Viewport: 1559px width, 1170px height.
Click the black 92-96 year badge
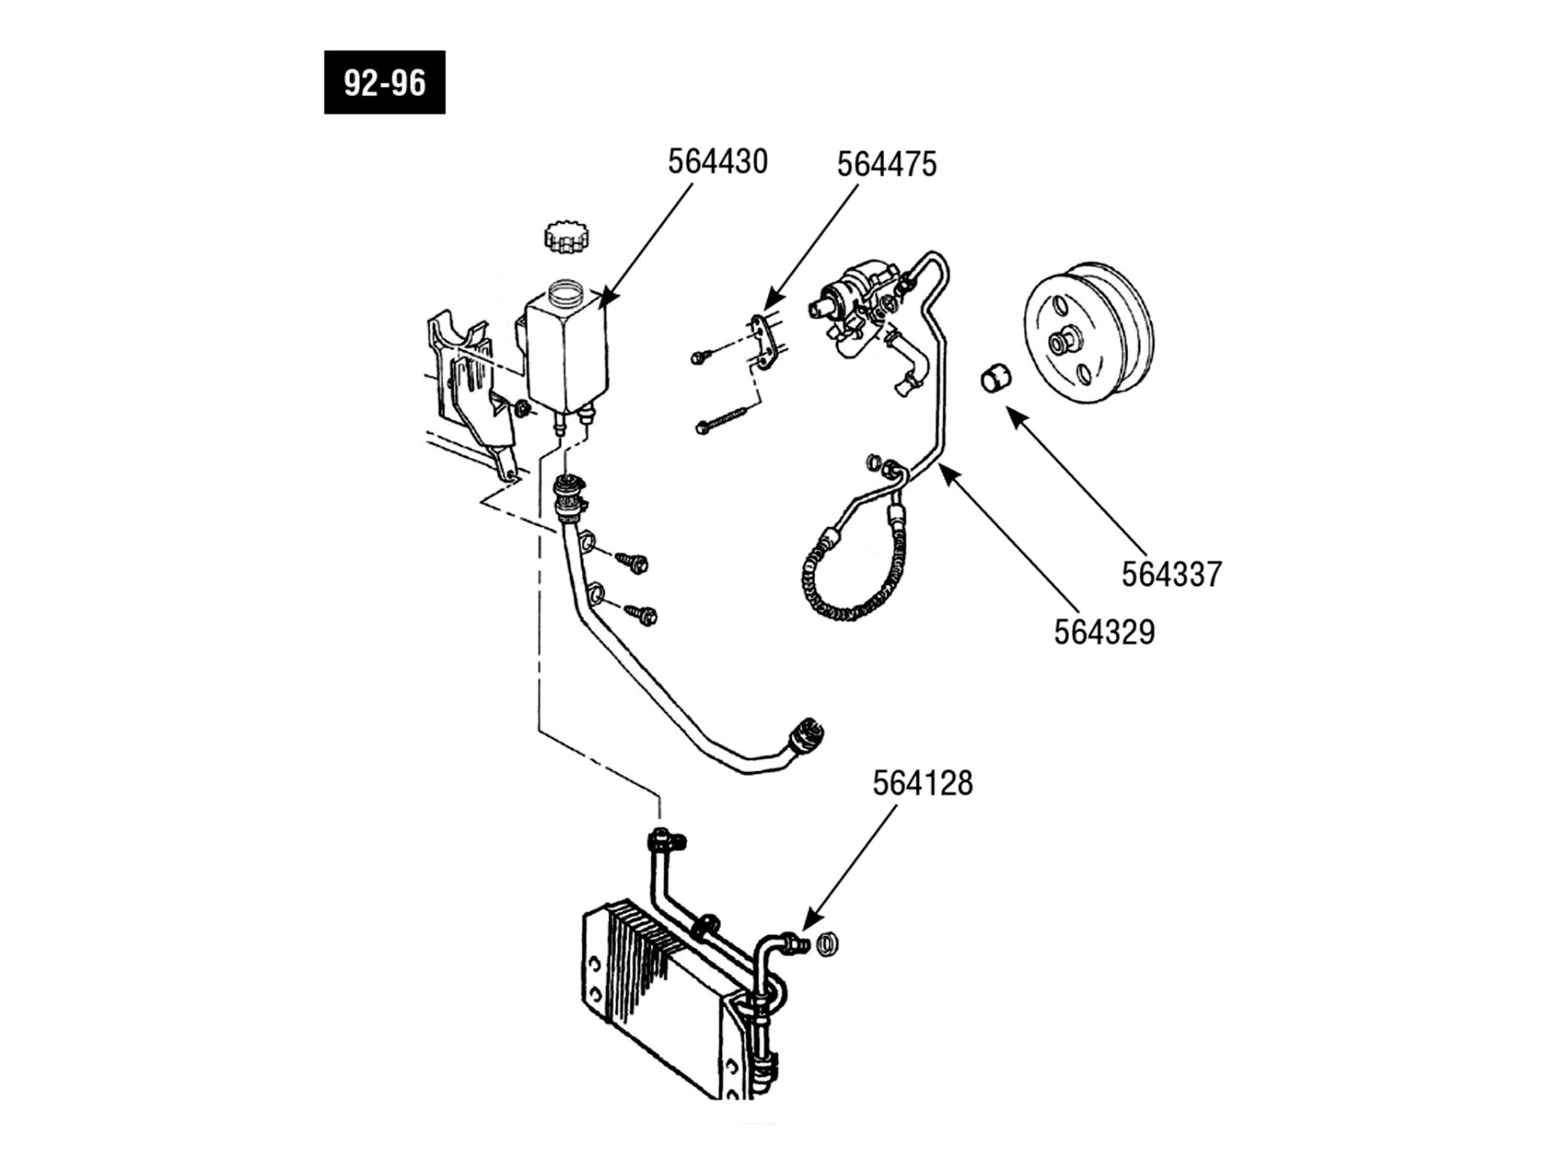click(x=384, y=83)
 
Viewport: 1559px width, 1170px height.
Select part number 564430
click(x=718, y=162)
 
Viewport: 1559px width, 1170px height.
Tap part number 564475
click(x=887, y=165)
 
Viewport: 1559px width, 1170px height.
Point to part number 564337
click(x=1171, y=574)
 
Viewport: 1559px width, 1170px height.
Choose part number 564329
click(x=1105, y=633)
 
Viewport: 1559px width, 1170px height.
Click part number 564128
click(x=923, y=784)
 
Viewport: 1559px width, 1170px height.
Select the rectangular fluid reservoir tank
click(x=566, y=349)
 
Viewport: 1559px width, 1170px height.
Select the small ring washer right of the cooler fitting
click(x=826, y=944)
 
